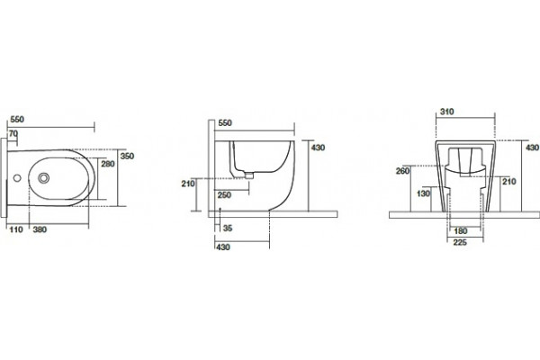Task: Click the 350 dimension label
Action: [x=127, y=156]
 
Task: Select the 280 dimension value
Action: [x=108, y=164]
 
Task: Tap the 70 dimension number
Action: [x=13, y=133]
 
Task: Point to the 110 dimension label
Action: [x=16, y=229]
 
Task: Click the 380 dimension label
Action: [x=40, y=229]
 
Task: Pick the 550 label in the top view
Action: [x=17, y=120]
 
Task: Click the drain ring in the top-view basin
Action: [x=44, y=178]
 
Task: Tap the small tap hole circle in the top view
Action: [x=17, y=178]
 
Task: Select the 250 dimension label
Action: [x=224, y=195]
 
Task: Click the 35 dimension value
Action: [x=228, y=228]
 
